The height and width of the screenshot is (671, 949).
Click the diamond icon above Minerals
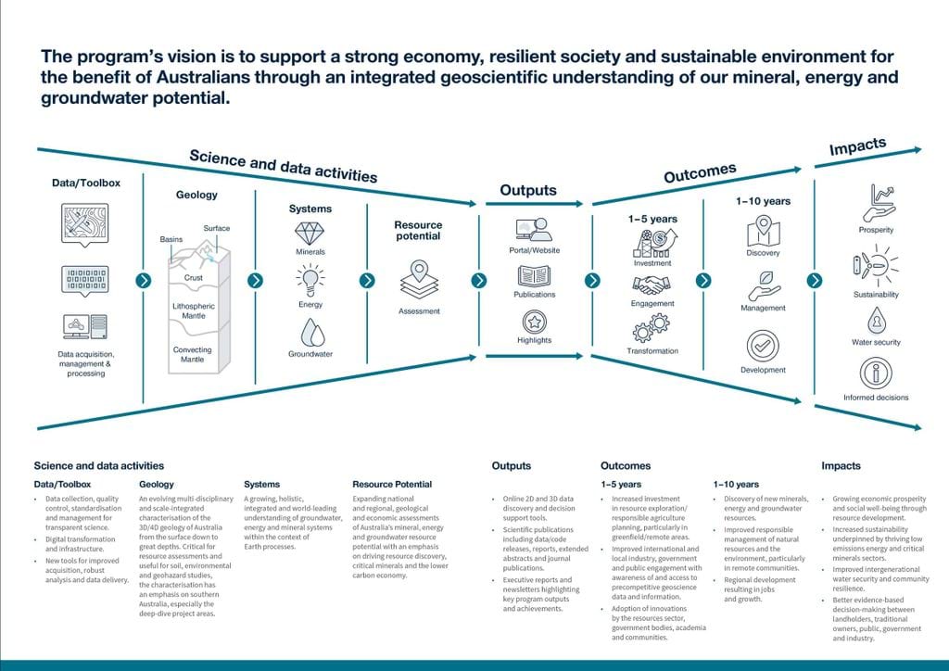click(310, 233)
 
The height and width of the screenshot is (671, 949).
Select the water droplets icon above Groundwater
click(310, 332)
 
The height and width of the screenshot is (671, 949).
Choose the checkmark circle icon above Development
click(763, 345)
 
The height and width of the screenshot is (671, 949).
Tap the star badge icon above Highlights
click(534, 321)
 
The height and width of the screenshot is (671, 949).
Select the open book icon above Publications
click(534, 275)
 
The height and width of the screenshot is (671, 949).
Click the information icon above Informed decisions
click(876, 373)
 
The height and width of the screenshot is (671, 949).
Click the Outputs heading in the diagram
click(528, 191)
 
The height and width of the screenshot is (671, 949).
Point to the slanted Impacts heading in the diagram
click(857, 147)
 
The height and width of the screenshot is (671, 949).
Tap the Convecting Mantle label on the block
click(193, 354)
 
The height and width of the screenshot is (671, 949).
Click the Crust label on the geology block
click(193, 278)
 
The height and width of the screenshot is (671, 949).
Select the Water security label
click(876, 343)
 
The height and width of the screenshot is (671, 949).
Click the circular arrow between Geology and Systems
click(256, 280)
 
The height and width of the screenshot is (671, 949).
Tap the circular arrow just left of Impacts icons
click(815, 280)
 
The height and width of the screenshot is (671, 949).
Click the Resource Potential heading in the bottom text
click(392, 484)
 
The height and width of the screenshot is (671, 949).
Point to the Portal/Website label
click(535, 250)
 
